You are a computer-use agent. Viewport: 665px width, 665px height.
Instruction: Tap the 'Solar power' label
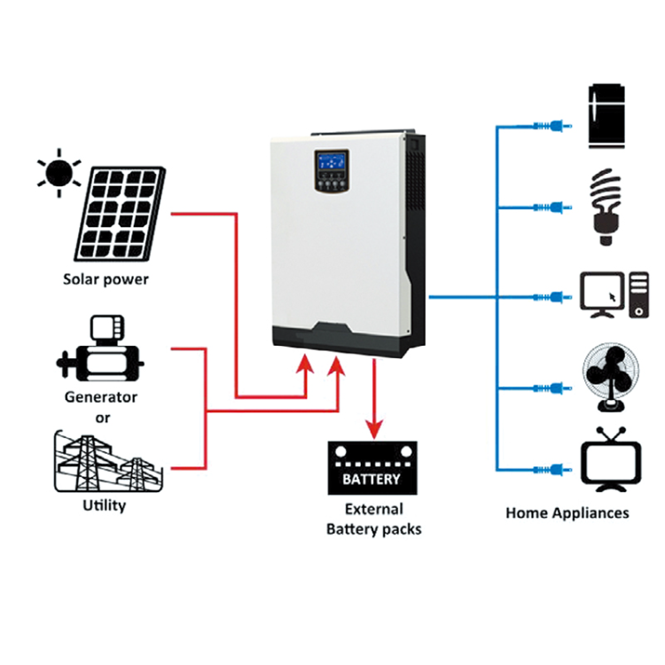pyautogui.click(x=106, y=279)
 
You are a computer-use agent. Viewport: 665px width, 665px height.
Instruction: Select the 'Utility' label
pyautogui.click(x=103, y=506)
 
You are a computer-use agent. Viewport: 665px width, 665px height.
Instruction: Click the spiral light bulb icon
pyautogui.click(x=606, y=207)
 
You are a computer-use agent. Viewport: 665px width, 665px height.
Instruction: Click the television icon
pyautogui.click(x=611, y=461)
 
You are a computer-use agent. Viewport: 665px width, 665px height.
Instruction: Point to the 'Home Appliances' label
pyautogui.click(x=567, y=513)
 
